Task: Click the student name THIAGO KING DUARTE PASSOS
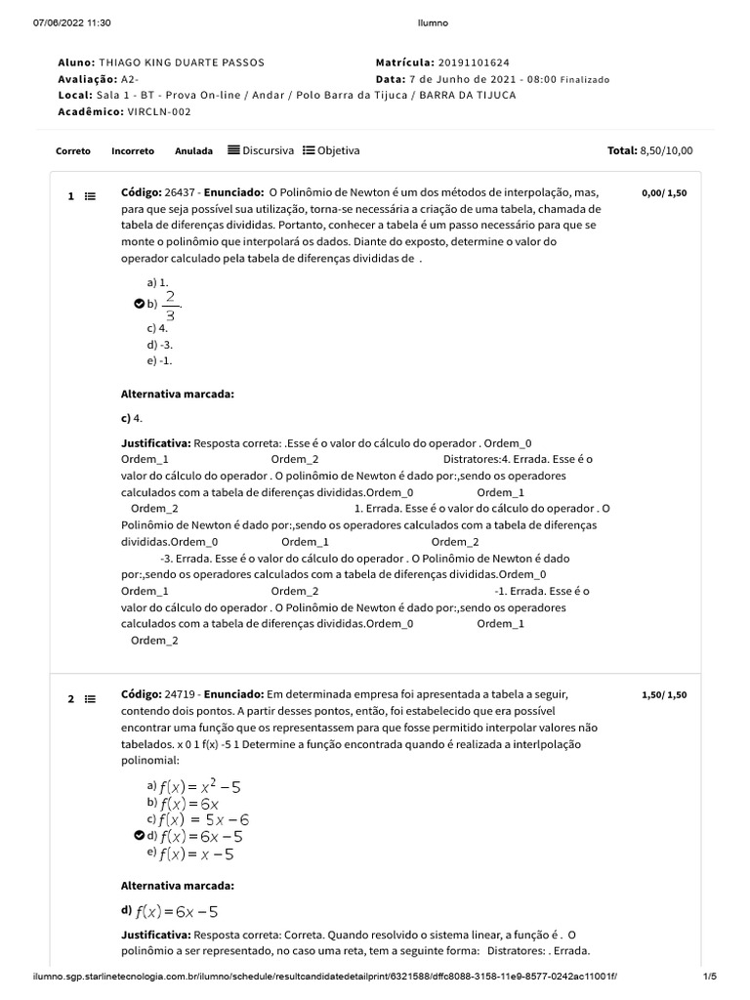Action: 182,62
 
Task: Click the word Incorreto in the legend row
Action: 133,151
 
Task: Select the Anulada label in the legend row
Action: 193,151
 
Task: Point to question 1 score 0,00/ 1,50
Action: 664,193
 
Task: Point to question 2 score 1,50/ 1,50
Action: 664,695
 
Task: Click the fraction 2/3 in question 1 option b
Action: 171,305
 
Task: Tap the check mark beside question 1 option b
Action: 140,305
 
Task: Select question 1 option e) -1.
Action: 159,360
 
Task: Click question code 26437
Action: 182,192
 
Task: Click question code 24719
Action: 182,694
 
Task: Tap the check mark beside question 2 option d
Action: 140,836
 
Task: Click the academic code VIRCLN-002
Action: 159,111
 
